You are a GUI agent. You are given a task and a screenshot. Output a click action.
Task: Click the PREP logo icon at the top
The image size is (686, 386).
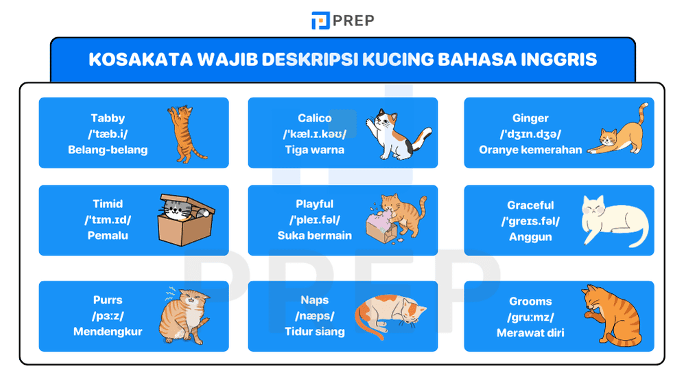click(320, 21)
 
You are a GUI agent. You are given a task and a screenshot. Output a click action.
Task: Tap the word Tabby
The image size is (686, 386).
click(108, 118)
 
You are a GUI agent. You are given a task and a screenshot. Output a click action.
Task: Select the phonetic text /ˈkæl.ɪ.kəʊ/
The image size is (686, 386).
click(315, 134)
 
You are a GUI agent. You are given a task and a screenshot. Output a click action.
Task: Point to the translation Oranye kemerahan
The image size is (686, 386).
click(530, 150)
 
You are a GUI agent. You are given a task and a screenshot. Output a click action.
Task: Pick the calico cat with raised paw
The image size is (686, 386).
click(397, 133)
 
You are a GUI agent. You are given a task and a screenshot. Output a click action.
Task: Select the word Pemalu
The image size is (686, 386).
click(108, 235)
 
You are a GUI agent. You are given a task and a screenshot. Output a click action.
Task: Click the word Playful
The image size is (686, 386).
click(315, 204)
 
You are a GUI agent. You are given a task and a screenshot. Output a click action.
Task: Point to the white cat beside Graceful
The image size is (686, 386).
click(613, 220)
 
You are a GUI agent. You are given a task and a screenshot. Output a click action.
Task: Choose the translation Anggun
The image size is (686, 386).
click(530, 237)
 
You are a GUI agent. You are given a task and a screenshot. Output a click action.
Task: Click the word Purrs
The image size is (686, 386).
click(108, 300)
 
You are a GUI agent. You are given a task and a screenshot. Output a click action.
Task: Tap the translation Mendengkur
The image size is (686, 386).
click(108, 331)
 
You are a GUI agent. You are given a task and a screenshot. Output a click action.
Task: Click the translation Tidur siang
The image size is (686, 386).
click(315, 331)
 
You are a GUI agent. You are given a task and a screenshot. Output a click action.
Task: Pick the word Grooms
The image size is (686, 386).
click(530, 302)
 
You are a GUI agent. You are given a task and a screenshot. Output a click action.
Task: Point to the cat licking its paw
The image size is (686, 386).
click(611, 316)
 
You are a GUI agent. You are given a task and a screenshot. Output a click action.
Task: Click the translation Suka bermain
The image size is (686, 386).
click(315, 235)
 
